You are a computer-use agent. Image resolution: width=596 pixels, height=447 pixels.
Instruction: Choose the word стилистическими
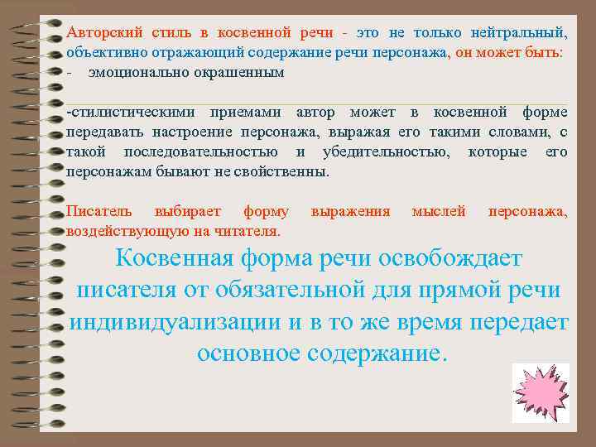[x=123, y=113]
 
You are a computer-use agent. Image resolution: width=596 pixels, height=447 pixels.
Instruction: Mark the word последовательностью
[x=200, y=152]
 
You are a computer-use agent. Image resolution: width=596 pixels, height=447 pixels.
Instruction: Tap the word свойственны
[x=281, y=172]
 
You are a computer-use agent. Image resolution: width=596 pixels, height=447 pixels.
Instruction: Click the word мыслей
[x=439, y=212]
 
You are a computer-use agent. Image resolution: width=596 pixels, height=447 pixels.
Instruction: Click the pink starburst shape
[x=541, y=392]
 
